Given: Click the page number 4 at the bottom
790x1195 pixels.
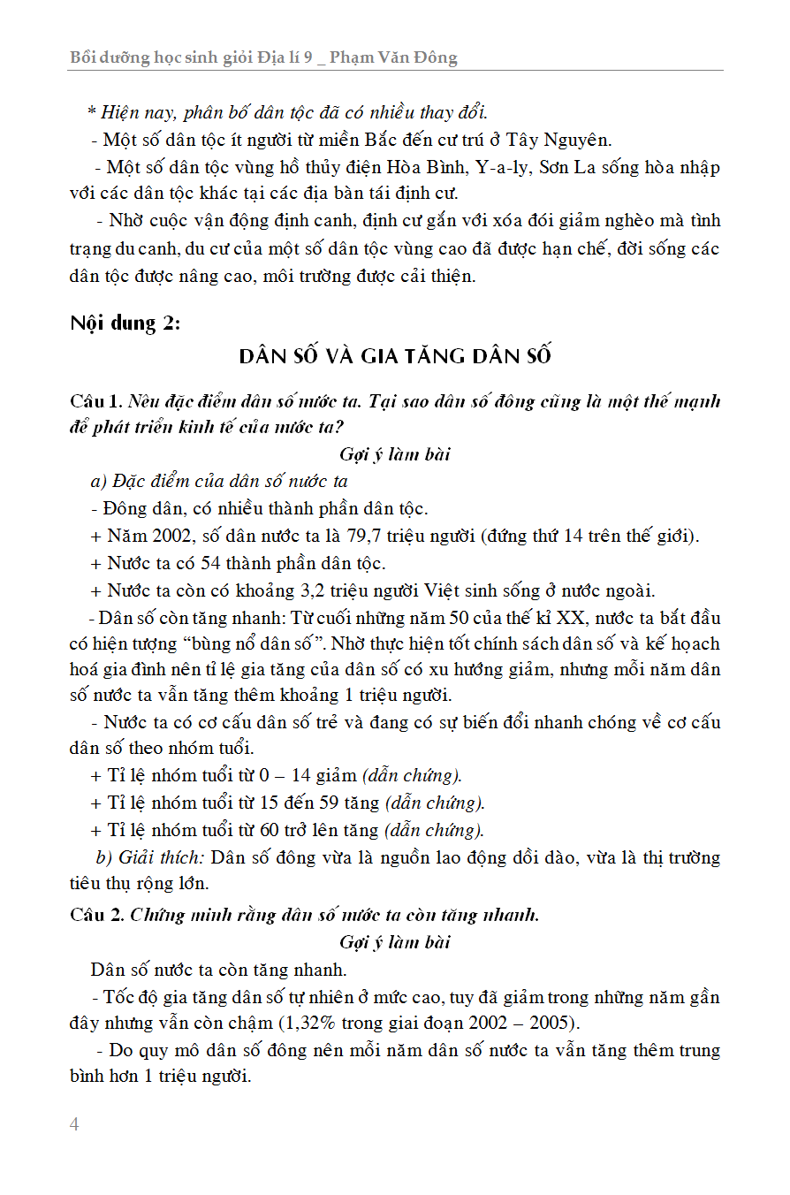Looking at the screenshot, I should point(74,1124).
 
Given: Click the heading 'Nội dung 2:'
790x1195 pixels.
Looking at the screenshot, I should point(125,323).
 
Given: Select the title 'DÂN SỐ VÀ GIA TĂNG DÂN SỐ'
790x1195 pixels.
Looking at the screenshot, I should point(395,356).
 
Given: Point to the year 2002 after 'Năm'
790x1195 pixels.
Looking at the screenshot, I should point(171,536).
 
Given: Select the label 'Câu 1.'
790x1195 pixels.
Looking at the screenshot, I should point(96,401).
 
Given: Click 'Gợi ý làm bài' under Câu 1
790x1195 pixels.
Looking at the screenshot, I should point(394,454).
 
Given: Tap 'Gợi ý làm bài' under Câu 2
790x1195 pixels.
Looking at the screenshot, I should point(394,942).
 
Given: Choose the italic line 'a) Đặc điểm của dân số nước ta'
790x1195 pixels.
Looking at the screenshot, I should point(219,482).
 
